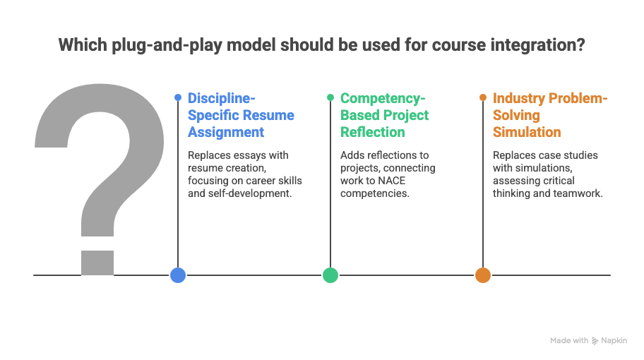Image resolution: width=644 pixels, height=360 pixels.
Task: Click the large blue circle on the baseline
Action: point(178,275)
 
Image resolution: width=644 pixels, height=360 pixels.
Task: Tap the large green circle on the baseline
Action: point(330,275)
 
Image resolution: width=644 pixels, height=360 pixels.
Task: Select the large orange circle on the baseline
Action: point(483,275)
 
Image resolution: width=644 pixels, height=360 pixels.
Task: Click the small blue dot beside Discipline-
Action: point(178,97)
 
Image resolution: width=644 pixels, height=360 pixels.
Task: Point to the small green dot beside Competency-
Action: point(330,97)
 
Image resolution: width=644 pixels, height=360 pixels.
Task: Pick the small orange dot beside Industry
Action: point(483,97)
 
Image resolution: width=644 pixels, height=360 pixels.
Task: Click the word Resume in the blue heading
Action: point(270,115)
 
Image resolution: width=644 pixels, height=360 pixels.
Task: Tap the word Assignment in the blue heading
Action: point(226,133)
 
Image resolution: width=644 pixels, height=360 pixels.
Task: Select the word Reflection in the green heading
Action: point(373,132)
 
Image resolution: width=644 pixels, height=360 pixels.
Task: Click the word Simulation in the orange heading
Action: point(527,132)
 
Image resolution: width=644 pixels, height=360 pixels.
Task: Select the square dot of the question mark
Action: point(97,263)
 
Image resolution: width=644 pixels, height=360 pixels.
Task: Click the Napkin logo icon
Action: point(595,341)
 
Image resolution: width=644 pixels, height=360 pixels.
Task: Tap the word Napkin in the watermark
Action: point(614,341)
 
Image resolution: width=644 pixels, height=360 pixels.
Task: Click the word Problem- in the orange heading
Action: point(578,99)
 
